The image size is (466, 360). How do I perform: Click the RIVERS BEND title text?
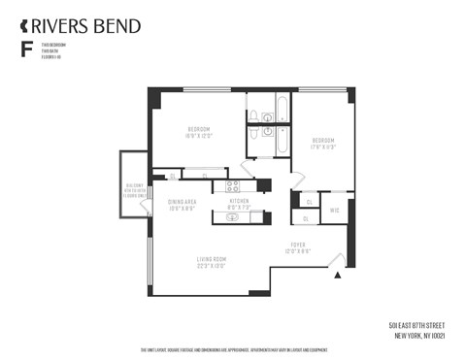tap(86, 25)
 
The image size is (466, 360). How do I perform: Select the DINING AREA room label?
tap(182, 202)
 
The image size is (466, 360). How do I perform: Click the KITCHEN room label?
tap(239, 201)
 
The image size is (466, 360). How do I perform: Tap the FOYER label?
tap(298, 245)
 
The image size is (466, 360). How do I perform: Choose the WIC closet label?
tap(334, 210)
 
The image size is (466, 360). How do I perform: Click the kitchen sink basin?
tap(234, 217)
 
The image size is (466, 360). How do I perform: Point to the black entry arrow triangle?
tap(337, 276)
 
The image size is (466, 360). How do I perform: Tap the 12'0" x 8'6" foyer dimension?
tap(298, 251)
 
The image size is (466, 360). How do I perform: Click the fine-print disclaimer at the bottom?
tap(233, 349)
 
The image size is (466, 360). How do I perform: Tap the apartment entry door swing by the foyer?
tap(335, 259)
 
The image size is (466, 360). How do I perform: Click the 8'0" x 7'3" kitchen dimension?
tap(239, 208)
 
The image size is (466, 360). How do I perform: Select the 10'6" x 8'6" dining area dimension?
tap(182, 209)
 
